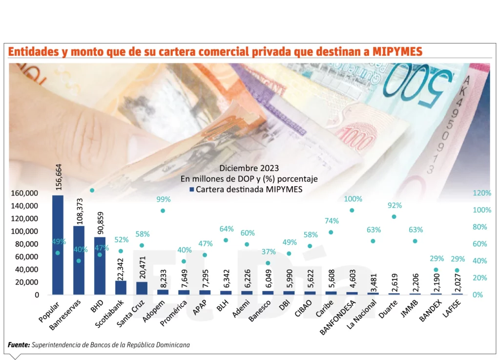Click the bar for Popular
(58, 245)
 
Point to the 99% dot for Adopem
(163, 211)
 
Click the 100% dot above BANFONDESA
(352, 210)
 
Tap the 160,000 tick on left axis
(25, 193)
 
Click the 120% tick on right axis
(482, 193)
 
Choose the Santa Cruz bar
(142, 288)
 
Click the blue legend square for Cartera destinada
(192, 190)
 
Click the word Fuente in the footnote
(19, 345)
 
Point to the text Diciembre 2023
(249, 169)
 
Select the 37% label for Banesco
(268, 252)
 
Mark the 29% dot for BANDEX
(436, 270)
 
